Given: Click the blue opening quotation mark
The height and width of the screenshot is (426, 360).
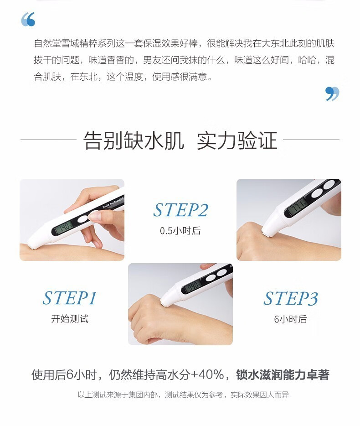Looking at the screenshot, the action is [x=28, y=19].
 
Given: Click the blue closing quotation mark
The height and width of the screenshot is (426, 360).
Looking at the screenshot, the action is [x=332, y=94].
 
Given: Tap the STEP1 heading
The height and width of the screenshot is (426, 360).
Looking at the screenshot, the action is [x=70, y=298].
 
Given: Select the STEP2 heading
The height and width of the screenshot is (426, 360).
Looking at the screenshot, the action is [x=180, y=210].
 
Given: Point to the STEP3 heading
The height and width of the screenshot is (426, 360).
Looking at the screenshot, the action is [x=290, y=298].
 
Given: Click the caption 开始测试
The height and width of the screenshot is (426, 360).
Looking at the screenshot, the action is [x=70, y=319].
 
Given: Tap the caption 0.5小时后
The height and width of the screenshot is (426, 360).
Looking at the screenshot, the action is [x=180, y=231].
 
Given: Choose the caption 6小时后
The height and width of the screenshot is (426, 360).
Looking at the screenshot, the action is [x=290, y=319].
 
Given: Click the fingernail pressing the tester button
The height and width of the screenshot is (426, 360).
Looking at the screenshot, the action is [x=94, y=216].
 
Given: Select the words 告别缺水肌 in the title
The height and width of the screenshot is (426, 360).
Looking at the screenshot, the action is [x=134, y=140].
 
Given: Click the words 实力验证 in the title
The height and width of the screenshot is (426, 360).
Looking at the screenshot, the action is [x=237, y=140].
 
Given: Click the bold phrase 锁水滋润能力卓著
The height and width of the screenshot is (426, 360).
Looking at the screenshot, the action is [x=283, y=374].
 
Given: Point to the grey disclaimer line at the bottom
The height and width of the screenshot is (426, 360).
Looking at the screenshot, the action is [x=183, y=395].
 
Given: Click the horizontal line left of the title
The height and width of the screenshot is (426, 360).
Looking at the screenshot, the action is [x=48, y=140].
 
